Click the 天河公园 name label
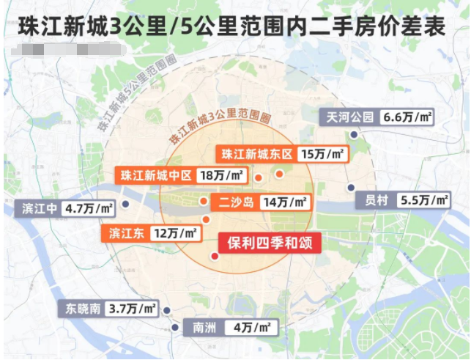point(350,117)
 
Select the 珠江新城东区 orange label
point(257,154)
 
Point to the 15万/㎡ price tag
point(324,154)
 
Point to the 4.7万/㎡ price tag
point(89,208)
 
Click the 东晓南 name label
point(81,309)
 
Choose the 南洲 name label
point(199,327)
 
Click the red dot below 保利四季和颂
point(214,256)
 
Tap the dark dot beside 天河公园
point(353,135)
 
